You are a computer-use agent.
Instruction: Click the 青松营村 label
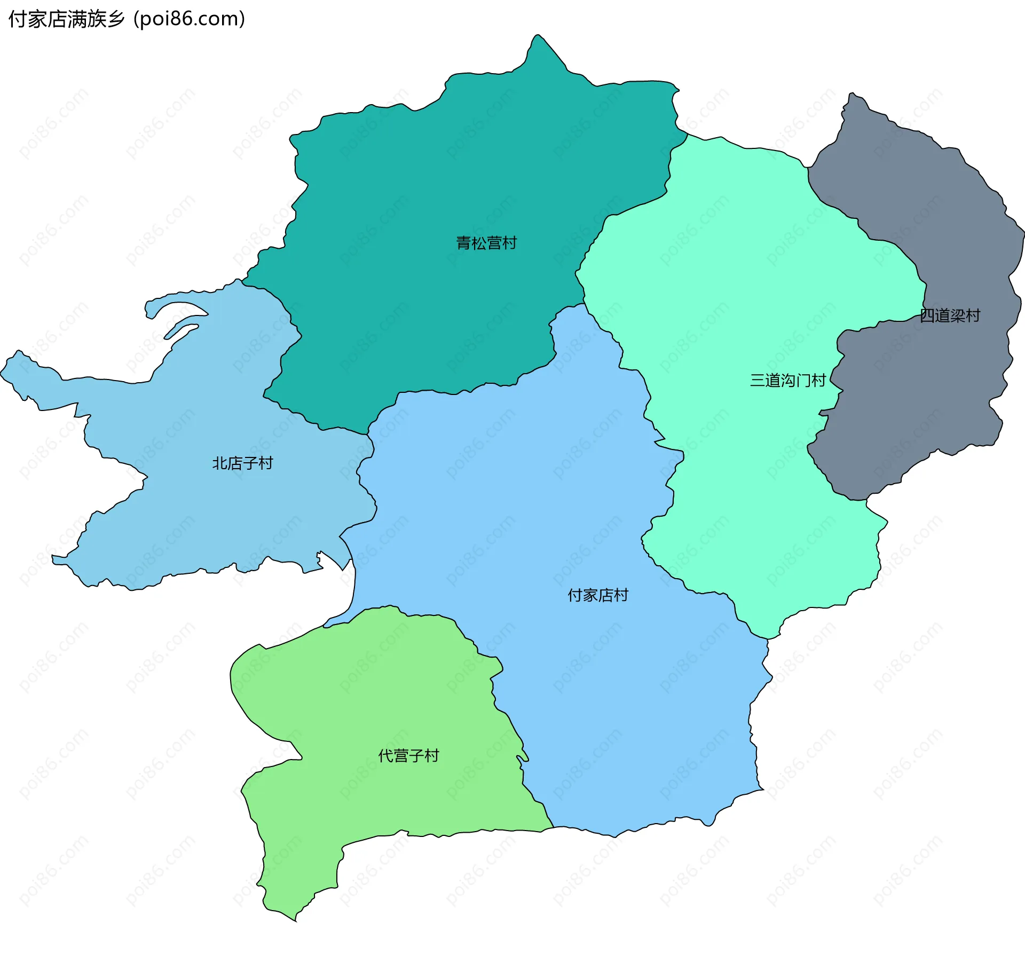(486, 243)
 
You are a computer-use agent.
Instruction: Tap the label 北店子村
(242, 463)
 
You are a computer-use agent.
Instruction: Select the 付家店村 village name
(598, 595)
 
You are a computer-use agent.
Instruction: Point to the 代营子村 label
(408, 755)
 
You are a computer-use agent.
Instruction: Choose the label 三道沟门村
(788, 380)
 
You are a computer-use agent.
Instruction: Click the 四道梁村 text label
(950, 315)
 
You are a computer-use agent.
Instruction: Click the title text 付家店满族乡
(67, 19)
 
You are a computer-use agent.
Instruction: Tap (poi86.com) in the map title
(190, 19)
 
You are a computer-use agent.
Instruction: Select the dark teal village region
(427, 187)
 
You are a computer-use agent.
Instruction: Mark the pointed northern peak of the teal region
(538, 36)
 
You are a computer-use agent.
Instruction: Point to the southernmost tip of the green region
(295, 920)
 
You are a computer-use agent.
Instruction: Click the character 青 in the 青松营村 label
(463, 243)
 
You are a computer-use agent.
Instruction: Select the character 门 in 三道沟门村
(804, 380)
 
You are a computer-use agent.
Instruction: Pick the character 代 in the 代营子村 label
(385, 755)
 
